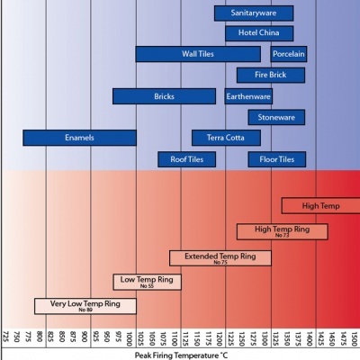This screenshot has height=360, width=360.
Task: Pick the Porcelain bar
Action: pos(288,54)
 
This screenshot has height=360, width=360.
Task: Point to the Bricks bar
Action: pos(164,95)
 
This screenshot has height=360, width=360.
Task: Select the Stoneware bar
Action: pos(276,117)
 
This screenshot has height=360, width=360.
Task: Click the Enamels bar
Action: pos(79,138)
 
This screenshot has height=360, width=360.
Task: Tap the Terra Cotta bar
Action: pos(226,138)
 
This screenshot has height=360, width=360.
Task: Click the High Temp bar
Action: pos(320,205)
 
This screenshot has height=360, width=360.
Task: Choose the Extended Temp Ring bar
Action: pos(220,257)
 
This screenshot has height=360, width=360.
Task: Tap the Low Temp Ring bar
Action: pos(147,282)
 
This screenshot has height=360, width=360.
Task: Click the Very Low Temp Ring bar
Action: pos(85,305)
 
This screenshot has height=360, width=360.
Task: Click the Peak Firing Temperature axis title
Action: pos(180,355)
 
